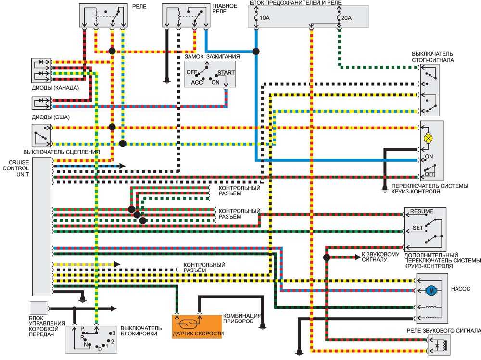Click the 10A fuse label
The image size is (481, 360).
pos(265,18)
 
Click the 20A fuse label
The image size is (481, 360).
pos(346,18)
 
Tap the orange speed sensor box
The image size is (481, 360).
pos(197,326)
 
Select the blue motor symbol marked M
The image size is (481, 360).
pos(431,290)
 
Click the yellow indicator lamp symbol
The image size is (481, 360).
pos(428,139)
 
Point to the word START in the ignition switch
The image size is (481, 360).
pos(226,73)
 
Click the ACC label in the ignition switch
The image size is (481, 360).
pos(197,83)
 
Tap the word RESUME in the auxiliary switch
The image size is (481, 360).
pos(422,211)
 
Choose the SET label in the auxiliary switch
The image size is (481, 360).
pos(418,228)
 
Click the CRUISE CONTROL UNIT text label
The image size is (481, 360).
pos(16,168)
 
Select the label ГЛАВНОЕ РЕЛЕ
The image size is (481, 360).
pos(225,9)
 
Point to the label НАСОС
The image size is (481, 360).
pos(460,289)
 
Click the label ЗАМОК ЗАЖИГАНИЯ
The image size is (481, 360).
pos(212,57)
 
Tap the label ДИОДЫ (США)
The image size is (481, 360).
pos(51,117)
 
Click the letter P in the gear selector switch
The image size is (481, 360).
pos(82,329)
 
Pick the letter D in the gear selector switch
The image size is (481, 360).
pos(100,349)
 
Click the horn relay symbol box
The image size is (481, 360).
pos(439,345)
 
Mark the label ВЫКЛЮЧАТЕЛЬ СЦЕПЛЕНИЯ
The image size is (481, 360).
pos(62,152)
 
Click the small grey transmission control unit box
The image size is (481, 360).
pos(38,308)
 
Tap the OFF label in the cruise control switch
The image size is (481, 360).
pos(430,174)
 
